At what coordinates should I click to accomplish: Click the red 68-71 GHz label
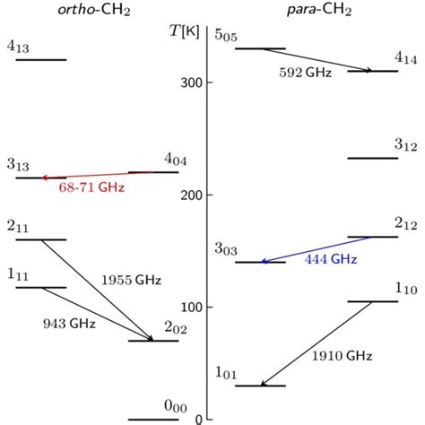click(91, 188)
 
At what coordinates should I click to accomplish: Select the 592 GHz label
click(304, 73)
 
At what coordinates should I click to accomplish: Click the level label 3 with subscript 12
click(406, 144)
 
